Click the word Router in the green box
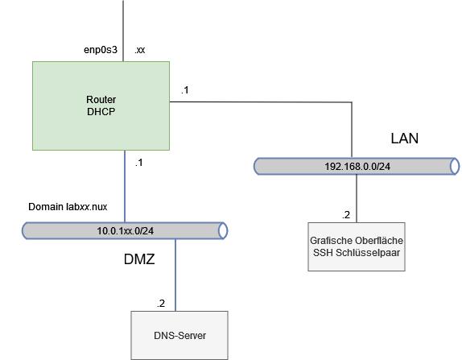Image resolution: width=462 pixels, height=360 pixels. [101, 99]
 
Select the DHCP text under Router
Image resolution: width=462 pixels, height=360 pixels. [101, 112]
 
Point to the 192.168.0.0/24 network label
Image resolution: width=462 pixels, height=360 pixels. [357, 166]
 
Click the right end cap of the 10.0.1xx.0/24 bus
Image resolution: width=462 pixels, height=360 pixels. [224, 231]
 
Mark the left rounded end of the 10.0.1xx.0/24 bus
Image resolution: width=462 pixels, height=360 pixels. [26, 231]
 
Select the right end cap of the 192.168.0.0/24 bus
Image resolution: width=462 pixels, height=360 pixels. [456, 166]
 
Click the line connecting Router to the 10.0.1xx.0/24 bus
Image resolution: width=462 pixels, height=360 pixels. [125, 185]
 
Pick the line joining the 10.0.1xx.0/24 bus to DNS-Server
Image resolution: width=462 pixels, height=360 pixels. [175, 275]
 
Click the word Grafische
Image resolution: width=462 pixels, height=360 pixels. [330, 241]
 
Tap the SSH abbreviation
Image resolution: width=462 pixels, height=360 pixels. [321, 253]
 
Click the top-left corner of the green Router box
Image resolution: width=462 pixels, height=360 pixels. [33, 62]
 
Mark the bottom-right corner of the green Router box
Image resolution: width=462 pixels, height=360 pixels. [169, 150]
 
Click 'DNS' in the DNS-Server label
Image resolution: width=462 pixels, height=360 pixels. [163, 334]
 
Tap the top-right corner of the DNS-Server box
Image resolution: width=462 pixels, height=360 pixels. [228, 312]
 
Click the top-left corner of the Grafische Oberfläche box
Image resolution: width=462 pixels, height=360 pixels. [309, 223]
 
